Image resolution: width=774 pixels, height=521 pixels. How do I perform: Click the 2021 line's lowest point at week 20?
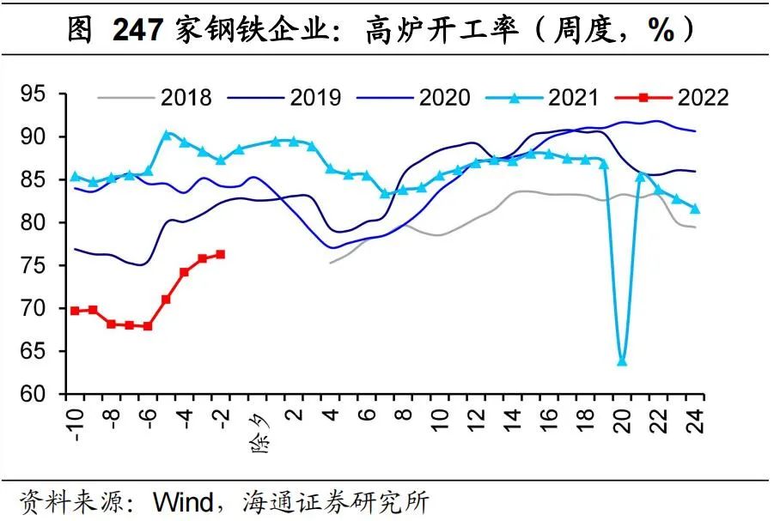point(622,361)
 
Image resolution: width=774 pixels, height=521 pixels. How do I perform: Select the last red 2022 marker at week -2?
point(221,254)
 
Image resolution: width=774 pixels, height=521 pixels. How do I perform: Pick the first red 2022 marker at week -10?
point(75,310)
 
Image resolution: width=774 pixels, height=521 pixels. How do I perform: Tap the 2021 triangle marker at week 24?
point(695,209)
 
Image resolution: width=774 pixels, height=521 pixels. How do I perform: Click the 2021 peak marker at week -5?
point(167,135)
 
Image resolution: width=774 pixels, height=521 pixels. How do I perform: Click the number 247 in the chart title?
point(140,32)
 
